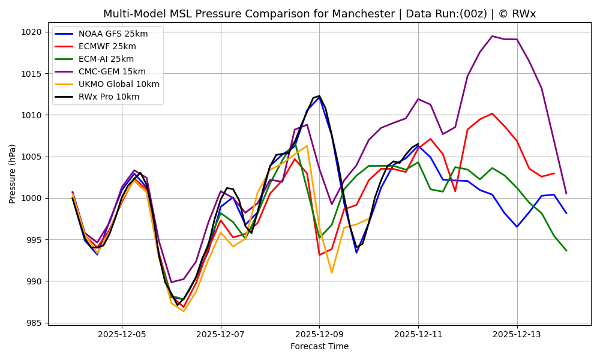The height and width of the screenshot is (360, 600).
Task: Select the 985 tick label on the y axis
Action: (x=34, y=323)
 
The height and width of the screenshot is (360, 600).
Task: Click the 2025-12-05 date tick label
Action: (x=122, y=334)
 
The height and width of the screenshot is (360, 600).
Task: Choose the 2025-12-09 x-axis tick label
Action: (x=319, y=334)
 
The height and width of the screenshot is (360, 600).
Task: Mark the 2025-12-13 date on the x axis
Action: (x=517, y=334)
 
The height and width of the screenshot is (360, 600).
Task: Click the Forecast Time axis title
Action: (x=319, y=347)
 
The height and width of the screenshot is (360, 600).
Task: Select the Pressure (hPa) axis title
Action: (x=13, y=173)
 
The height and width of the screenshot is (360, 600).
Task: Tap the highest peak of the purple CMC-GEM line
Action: (x=492, y=36)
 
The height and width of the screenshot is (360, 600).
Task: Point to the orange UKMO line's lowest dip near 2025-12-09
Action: (x=331, y=273)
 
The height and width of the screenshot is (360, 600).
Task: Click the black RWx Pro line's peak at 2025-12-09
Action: (x=319, y=96)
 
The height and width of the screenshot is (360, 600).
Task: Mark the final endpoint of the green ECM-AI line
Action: (x=566, y=250)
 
